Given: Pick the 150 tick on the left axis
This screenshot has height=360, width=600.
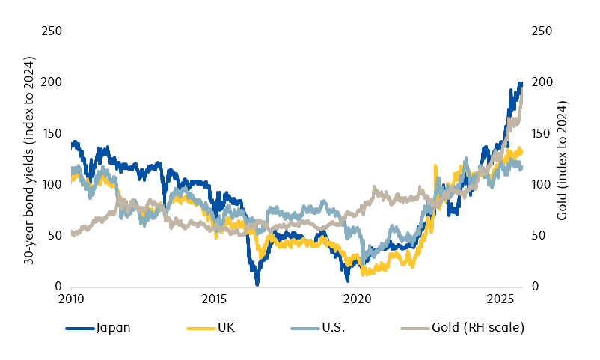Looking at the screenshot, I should [52, 133].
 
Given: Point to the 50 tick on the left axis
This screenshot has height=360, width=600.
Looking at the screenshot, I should [55, 236].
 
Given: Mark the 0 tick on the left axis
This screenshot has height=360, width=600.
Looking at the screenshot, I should [58, 287].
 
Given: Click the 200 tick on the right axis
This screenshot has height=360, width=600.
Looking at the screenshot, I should [542, 82].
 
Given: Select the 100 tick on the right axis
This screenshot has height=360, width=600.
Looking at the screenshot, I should [542, 184].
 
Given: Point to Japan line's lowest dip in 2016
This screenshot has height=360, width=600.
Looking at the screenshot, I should [257, 283].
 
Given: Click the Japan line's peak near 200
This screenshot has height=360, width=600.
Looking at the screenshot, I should [519, 84].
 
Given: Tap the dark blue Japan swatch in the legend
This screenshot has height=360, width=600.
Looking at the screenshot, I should [79, 328].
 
